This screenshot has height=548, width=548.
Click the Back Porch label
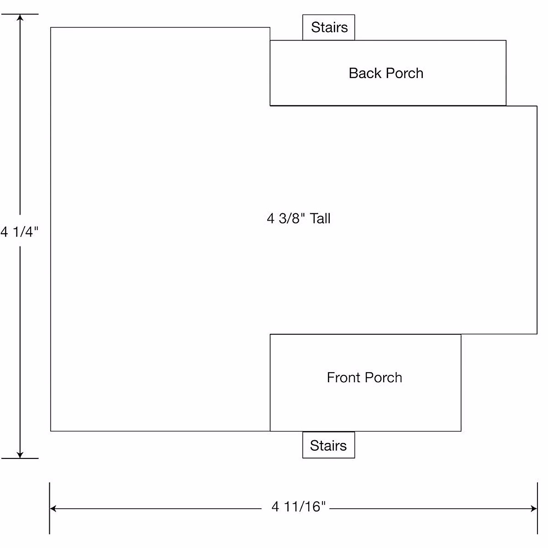click(x=386, y=73)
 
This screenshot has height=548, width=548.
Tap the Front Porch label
click(x=364, y=378)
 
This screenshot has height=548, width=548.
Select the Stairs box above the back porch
click(x=329, y=27)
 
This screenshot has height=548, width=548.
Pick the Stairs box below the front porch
click(x=328, y=445)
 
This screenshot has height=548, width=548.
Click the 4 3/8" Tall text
click(x=299, y=218)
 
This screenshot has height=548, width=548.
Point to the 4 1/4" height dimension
click(x=20, y=232)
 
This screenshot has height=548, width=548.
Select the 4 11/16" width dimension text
click(x=299, y=506)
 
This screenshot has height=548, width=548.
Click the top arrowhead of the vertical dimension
click(x=20, y=18)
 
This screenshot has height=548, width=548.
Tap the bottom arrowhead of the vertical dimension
click(x=20, y=454)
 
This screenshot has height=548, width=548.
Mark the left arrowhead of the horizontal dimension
click(x=53, y=508)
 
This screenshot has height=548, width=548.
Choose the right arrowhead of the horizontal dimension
click(x=534, y=508)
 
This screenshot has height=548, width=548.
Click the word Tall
click(x=320, y=218)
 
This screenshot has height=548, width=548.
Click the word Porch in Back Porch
click(x=405, y=73)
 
